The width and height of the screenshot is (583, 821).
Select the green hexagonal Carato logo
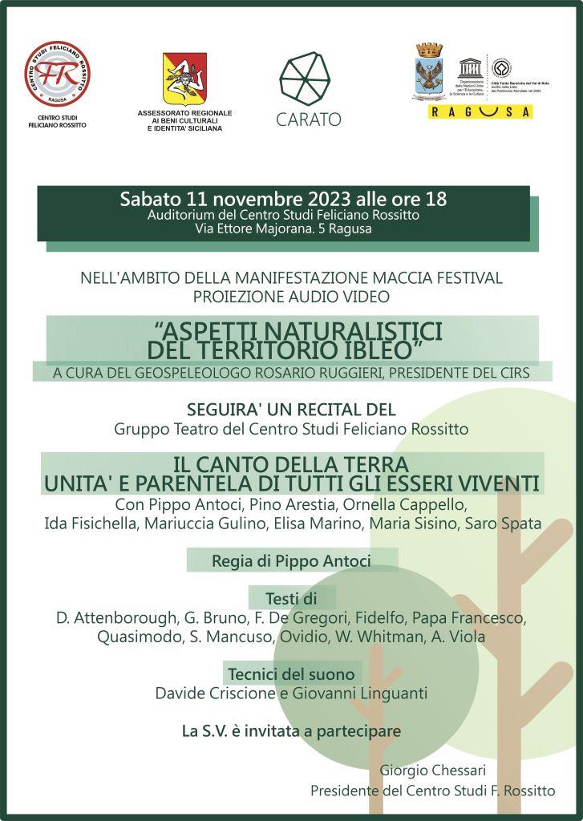304,77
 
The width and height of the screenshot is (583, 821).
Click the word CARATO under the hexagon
308,119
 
